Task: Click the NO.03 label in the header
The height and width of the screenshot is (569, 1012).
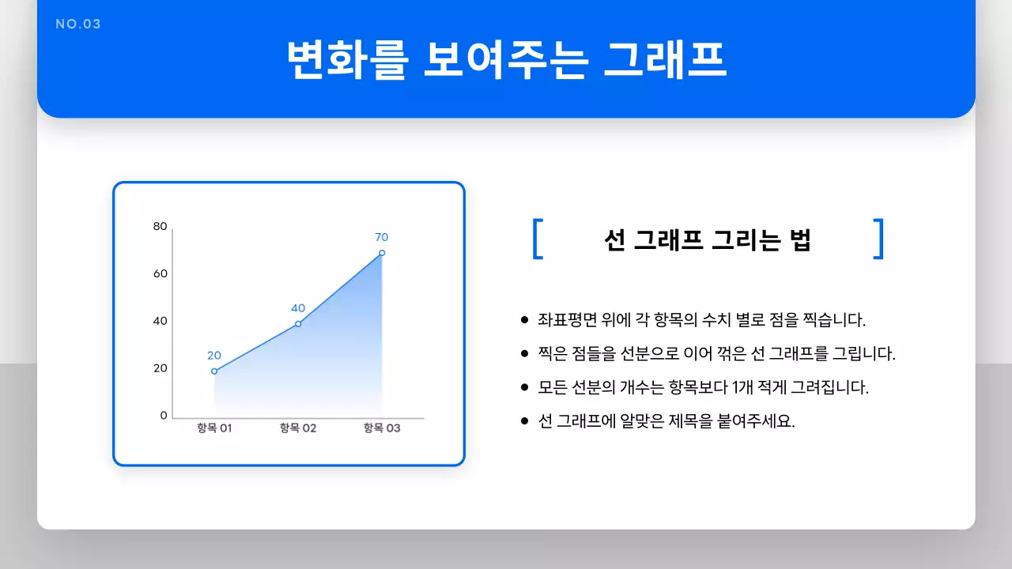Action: [78, 24]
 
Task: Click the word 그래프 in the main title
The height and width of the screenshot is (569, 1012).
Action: [664, 59]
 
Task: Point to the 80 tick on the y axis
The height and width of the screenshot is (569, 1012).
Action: [160, 227]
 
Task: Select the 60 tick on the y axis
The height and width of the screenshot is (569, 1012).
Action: [160, 273]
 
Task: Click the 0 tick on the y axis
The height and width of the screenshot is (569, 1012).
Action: [164, 415]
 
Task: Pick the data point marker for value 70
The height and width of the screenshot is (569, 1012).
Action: [382, 253]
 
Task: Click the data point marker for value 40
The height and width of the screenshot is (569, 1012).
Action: [298, 324]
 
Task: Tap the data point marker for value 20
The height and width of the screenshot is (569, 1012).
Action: [214, 371]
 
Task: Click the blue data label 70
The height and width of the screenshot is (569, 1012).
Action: [382, 237]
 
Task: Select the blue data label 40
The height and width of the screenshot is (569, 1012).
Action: [298, 308]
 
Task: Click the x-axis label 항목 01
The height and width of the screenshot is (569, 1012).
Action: [214, 428]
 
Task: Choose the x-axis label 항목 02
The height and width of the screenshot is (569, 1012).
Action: [298, 428]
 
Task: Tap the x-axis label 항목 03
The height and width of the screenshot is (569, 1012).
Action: [382, 428]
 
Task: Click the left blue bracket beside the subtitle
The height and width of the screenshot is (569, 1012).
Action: [538, 239]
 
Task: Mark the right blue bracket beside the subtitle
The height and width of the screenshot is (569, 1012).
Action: [878, 239]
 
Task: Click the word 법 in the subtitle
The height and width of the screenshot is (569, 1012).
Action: [800, 240]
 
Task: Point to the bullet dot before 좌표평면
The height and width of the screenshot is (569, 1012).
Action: [524, 321]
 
